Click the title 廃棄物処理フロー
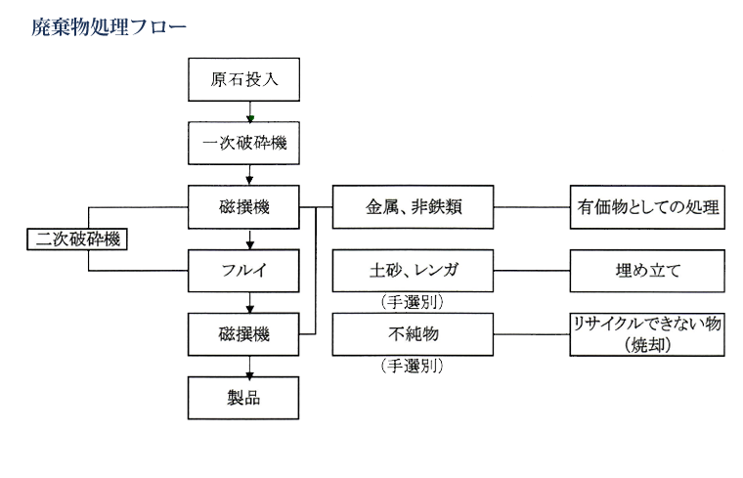(x=109, y=26)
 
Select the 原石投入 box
(x=243, y=79)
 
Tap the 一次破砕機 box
(x=243, y=144)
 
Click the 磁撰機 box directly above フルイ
(x=243, y=208)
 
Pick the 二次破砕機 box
(x=77, y=238)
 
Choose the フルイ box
(x=243, y=270)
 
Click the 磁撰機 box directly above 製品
(x=243, y=334)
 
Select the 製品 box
(x=243, y=398)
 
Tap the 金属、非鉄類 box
(x=414, y=208)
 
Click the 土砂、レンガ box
(x=414, y=271)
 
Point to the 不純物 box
(x=414, y=334)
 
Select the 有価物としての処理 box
(x=648, y=208)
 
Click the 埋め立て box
(x=648, y=271)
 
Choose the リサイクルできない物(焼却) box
(x=648, y=334)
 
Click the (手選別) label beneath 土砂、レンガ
(x=412, y=303)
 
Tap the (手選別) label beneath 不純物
(x=412, y=367)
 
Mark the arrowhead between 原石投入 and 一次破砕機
(x=250, y=117)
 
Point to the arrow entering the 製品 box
(x=250, y=371)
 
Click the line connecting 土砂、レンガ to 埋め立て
(x=532, y=271)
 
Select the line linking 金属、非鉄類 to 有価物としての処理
(x=532, y=208)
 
